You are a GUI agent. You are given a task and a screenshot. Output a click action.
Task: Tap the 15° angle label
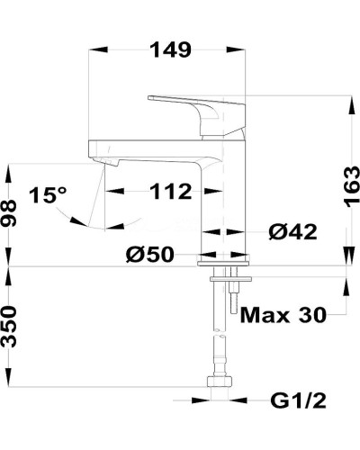pos(48,195)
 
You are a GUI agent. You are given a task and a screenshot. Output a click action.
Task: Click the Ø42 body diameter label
pos(292,232)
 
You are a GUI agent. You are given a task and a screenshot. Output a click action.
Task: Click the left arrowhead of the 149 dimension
pos(94,50)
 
